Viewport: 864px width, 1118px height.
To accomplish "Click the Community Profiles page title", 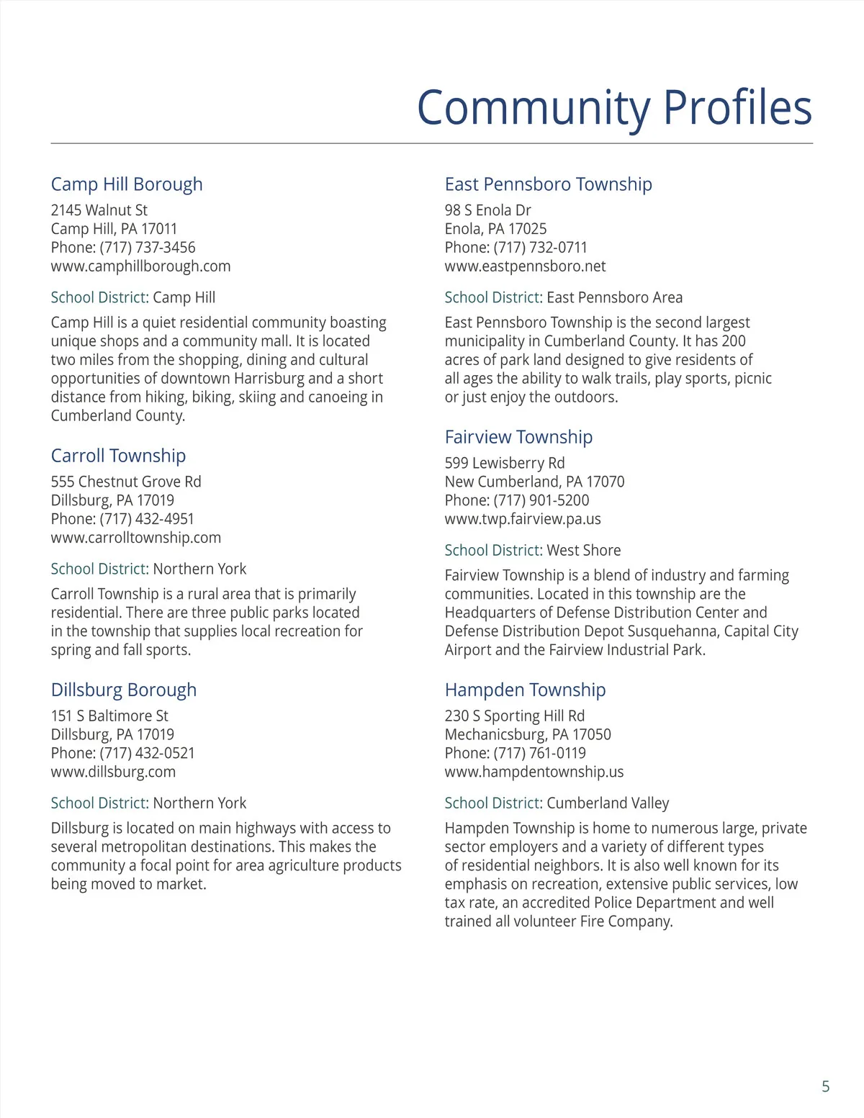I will [x=614, y=108].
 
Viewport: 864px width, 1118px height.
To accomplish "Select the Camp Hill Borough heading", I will [x=127, y=184].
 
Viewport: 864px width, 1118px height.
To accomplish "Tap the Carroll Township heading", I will [x=118, y=456].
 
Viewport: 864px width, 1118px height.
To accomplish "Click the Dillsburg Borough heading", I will [x=124, y=690].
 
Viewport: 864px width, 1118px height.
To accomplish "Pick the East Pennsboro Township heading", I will [x=548, y=184].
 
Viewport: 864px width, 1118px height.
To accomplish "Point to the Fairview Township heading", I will [x=518, y=437].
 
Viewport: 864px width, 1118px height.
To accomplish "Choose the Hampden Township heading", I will [x=525, y=690].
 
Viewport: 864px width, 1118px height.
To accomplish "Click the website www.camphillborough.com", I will [x=140, y=266].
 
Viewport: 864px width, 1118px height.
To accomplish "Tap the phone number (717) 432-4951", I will [x=147, y=519].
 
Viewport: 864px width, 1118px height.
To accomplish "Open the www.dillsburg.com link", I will [x=113, y=772].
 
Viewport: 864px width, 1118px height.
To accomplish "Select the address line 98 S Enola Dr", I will [x=487, y=210].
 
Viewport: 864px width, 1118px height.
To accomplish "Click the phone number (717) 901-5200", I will [x=541, y=500].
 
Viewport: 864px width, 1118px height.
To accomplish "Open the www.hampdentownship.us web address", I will [x=534, y=772].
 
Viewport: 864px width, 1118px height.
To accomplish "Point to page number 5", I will [x=825, y=1086].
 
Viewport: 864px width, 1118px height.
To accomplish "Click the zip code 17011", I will [x=159, y=229].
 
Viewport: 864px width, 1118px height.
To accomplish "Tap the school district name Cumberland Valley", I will [x=608, y=803].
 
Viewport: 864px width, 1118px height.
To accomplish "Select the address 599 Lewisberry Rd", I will [x=504, y=463].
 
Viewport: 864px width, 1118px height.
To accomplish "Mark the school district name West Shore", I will [x=583, y=551].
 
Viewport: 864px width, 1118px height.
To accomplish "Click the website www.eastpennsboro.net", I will [x=525, y=266].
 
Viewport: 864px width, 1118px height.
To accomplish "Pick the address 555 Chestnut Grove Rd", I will [x=126, y=482].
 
